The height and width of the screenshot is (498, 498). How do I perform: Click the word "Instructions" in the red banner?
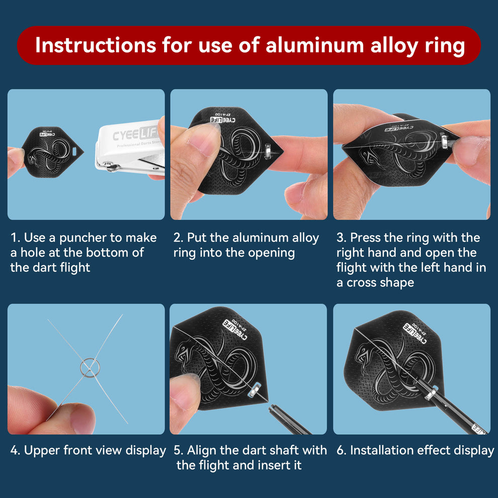pos(96,45)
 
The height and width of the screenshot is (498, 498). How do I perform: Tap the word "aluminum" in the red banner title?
pos(314,45)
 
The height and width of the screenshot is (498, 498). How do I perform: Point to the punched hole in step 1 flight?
pos(74,151)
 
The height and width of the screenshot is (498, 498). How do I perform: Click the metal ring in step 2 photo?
pos(268,150)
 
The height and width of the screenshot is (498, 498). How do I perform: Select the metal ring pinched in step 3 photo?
pos(445,141)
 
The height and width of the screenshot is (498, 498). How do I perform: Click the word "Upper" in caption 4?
pos(41,451)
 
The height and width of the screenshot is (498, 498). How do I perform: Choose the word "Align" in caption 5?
pos(201,450)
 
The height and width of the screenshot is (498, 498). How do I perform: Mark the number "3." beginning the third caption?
pos(341,238)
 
